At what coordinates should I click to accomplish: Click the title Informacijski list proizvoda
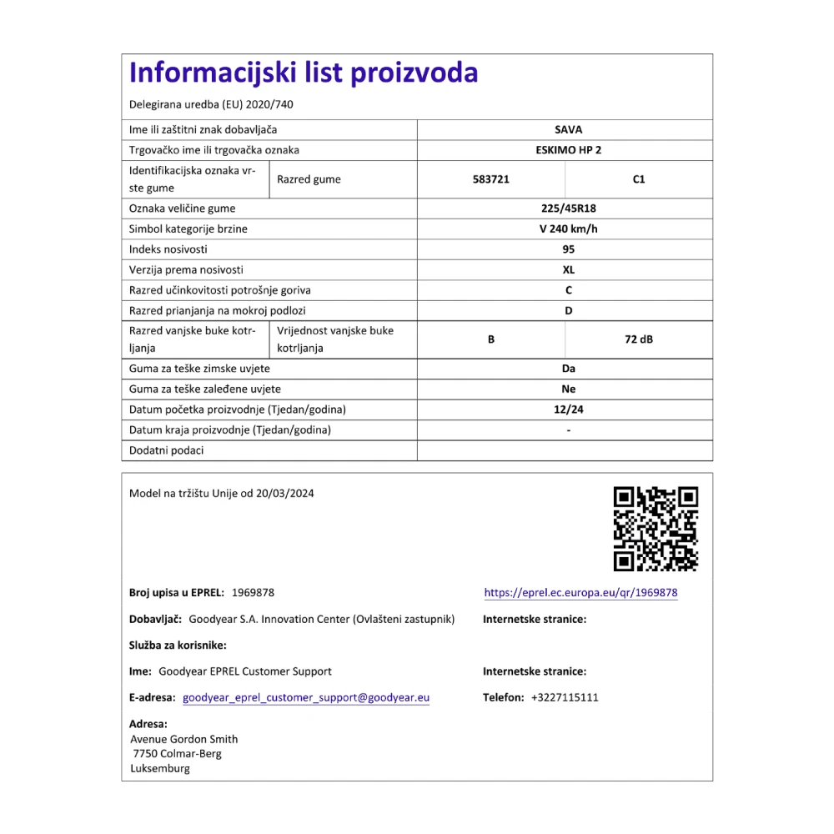tap(304, 73)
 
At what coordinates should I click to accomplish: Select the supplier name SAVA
tap(568, 129)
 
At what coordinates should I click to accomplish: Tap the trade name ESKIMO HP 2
tap(568, 150)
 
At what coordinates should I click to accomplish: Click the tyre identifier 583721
tap(490, 179)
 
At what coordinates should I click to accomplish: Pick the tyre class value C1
tap(639, 179)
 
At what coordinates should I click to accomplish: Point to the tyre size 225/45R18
tap(568, 208)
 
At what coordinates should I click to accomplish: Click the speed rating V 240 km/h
tap(568, 229)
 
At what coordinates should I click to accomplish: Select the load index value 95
tap(568, 249)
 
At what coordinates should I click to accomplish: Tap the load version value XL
tap(568, 269)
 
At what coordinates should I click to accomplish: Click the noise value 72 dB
tap(639, 339)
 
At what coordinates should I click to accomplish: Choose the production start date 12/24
tap(568, 409)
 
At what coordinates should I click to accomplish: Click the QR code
tap(656, 529)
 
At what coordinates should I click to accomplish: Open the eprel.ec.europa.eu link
tap(580, 593)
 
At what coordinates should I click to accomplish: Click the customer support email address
tap(306, 697)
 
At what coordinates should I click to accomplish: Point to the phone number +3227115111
tap(565, 697)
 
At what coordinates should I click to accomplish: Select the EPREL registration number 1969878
tap(253, 593)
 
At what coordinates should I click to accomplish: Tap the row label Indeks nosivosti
tap(168, 249)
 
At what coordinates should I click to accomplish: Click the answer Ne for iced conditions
tap(568, 389)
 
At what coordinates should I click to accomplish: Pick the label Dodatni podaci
tap(167, 450)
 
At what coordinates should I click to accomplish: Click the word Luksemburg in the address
tap(160, 768)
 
